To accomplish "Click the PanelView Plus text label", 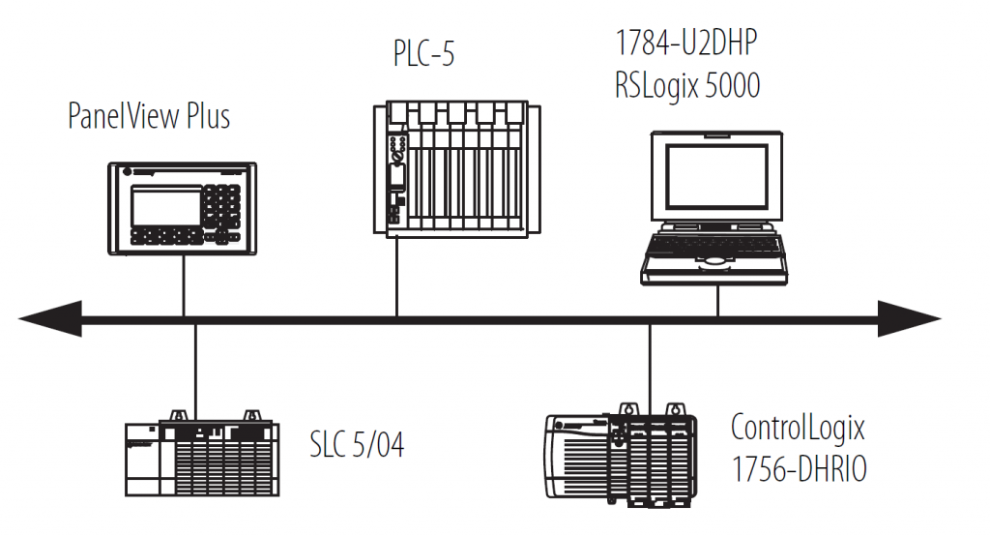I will [x=149, y=117].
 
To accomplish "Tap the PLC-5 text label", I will [x=423, y=54].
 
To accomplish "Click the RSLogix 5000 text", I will [x=687, y=86].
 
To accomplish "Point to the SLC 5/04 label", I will [x=357, y=445].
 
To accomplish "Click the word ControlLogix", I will [x=798, y=427].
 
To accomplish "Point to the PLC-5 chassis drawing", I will [x=451, y=168].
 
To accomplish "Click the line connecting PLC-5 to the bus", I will [x=396, y=276].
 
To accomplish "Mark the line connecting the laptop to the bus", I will [x=717, y=301].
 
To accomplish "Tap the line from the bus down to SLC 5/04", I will [x=195, y=368].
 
